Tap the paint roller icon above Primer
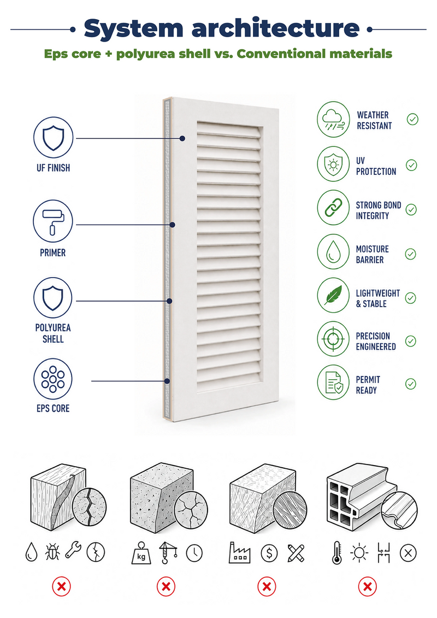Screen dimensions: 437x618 [53, 221]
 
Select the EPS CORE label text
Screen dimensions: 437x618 [53, 408]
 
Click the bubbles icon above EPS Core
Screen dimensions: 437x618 [53, 379]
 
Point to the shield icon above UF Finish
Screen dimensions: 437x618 [53, 138]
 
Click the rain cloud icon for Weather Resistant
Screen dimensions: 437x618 [333, 120]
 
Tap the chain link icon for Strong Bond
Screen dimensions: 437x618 [333, 208]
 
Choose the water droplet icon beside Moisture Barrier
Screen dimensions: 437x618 [333, 252]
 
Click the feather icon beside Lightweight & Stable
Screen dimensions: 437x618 [333, 295]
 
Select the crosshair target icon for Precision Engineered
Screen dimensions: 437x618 [333, 339]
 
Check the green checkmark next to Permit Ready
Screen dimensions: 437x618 [411, 384]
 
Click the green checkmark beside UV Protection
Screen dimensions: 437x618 [411, 165]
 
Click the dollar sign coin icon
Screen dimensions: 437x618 [269, 553]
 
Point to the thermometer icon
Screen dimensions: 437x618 [337, 552]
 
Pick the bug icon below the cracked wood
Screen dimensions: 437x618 [52, 551]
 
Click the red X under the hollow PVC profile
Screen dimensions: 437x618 [367, 587]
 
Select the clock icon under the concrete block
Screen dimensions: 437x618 [194, 553]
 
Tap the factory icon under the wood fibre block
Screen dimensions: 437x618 [240, 552]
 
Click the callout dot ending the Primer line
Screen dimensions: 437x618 [172, 225]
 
